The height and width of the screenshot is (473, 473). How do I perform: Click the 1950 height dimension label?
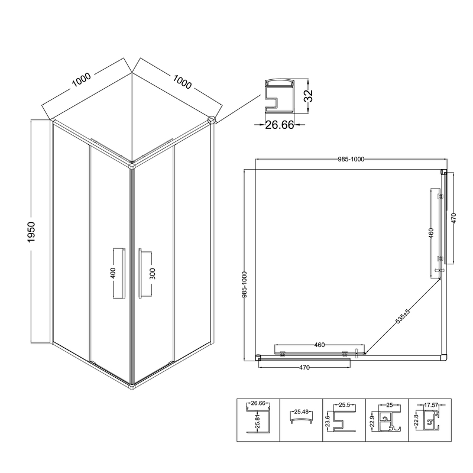click(31, 232)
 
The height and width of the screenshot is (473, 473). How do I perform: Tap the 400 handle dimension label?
click(113, 273)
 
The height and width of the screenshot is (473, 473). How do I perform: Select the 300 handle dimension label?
click(153, 274)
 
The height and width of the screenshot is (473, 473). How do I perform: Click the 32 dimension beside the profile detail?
click(309, 96)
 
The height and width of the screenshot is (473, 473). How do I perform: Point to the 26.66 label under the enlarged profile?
click(279, 125)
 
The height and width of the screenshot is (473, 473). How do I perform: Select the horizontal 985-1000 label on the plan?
click(351, 159)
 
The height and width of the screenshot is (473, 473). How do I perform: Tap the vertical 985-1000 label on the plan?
click(244, 285)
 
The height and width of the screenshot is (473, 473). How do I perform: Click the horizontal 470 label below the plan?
click(304, 368)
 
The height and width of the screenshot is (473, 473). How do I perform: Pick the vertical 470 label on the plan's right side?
click(454, 218)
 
